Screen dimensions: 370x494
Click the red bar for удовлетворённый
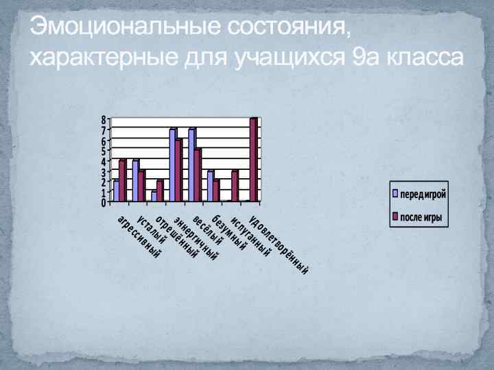coord(253,160)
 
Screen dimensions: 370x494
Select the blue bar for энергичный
coord(172,165)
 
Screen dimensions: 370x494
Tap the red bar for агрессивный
coord(123,181)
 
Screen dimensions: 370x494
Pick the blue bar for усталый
coord(135,181)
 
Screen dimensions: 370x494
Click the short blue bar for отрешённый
coord(154,196)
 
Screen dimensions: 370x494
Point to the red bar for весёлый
coord(198,175)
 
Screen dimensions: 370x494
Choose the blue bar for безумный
coord(210,186)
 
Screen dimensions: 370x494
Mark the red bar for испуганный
coord(235,186)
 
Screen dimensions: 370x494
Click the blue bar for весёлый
coord(191,165)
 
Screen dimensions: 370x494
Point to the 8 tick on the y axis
coord(104,119)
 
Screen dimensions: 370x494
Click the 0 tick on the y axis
coord(104,203)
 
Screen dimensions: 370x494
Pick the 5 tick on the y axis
coord(104,151)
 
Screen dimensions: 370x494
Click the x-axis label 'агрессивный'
coord(139,237)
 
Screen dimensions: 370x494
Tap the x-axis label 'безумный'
coord(229,233)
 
